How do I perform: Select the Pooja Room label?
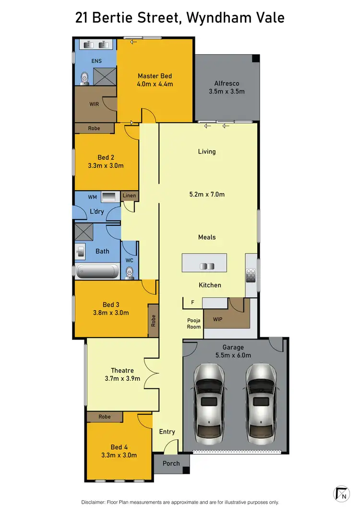194,324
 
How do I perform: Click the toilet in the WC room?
129,273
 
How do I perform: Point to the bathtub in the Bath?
97,271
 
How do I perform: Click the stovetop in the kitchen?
251,275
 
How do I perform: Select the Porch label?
171,463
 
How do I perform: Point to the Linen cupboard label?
129,195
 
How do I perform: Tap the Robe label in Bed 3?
154,321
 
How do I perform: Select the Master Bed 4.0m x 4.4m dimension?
155,84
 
